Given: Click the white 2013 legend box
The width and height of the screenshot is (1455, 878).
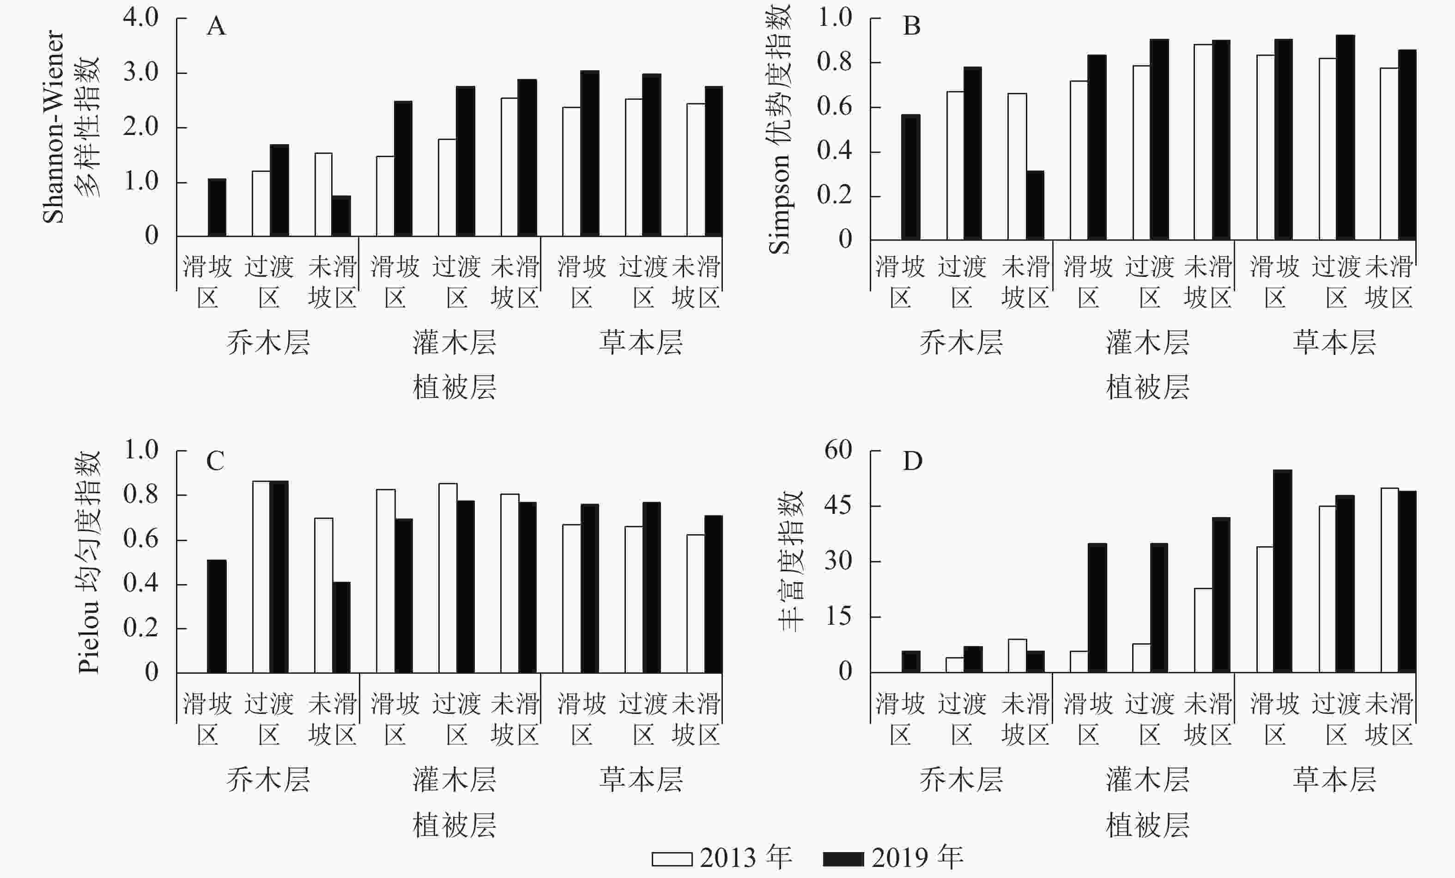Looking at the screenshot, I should pyautogui.click(x=672, y=859).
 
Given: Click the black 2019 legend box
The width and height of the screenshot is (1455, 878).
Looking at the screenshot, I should pyautogui.click(x=843, y=859).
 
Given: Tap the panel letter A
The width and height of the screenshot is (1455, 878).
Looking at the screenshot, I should pyautogui.click(x=216, y=27).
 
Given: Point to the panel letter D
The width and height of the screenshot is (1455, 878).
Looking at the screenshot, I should pyautogui.click(x=912, y=461).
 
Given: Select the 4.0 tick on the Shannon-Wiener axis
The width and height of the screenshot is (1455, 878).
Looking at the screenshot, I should pyautogui.click(x=140, y=17).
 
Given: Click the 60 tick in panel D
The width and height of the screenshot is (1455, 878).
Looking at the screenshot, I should pyautogui.click(x=838, y=450).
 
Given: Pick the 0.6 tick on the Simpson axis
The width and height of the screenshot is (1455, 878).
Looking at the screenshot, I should pyautogui.click(x=834, y=106).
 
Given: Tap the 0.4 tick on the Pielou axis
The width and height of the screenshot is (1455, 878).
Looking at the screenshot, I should pyautogui.click(x=140, y=583).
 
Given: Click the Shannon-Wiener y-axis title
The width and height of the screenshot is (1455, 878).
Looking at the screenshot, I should pyautogui.click(x=53, y=127).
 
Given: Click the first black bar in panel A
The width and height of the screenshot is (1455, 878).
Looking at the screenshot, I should pyautogui.click(x=217, y=207).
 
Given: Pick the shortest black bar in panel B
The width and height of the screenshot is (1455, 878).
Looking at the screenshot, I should pyautogui.click(x=1035, y=205).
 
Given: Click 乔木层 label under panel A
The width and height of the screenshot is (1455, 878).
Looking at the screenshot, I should pyautogui.click(x=268, y=343).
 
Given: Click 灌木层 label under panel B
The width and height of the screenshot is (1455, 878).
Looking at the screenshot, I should pyautogui.click(x=1147, y=343).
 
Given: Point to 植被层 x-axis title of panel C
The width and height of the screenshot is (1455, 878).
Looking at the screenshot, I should pyautogui.click(x=454, y=825).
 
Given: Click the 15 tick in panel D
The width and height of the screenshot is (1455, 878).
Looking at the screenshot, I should pyautogui.click(x=838, y=616).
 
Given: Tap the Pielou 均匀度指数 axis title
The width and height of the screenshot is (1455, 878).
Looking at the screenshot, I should pyautogui.click(x=89, y=562).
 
